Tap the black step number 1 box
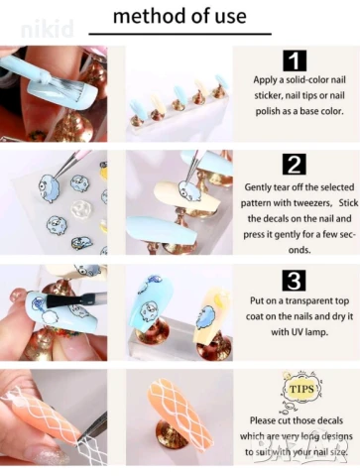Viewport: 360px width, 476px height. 295,60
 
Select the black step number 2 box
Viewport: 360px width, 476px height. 295,165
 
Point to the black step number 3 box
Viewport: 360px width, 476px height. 295,281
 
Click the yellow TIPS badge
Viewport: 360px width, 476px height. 301,389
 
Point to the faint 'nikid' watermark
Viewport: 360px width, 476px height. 47,29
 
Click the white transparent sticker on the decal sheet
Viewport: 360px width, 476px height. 80,208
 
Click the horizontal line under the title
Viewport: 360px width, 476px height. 180,34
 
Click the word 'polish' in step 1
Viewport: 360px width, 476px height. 267,111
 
